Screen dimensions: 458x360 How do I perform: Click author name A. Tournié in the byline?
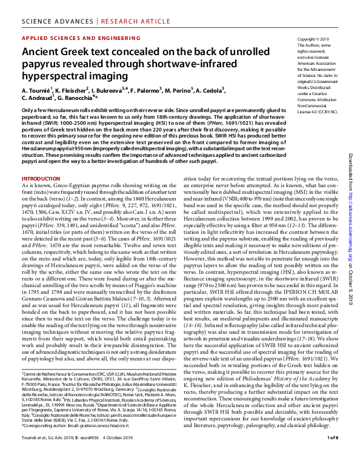pyautogui.click(x=40, y=90)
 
